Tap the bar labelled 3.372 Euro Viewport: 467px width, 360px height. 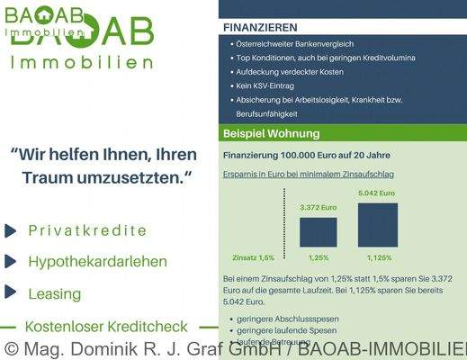click(x=318, y=231)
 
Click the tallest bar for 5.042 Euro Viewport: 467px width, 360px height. click(x=377, y=224)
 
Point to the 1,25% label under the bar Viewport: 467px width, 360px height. click(x=319, y=257)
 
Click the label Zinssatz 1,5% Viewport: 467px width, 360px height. click(x=252, y=257)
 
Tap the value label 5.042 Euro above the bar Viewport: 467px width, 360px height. click(x=376, y=193)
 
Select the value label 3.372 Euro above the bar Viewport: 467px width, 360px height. click(x=318, y=208)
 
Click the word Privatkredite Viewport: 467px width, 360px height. click(x=87, y=229)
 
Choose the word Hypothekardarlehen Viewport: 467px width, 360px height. click(x=97, y=262)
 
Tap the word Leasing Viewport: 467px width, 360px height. click(x=54, y=293)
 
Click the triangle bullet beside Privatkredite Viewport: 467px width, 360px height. click(x=10, y=229)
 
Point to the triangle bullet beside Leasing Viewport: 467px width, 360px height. click(x=10, y=292)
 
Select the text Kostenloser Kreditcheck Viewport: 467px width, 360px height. click(x=107, y=327)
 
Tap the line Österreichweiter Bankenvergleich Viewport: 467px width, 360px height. click(x=296, y=43)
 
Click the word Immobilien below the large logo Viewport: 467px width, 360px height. click(x=81, y=62)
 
